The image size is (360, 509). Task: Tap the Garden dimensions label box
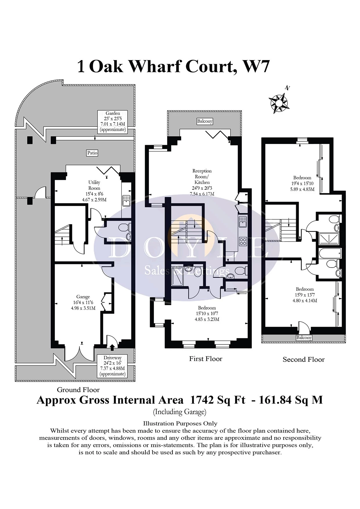[x=113, y=121]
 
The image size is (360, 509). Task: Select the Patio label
[x=92, y=153]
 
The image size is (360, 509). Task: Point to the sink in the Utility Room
[x=126, y=201]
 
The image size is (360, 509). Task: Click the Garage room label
[x=83, y=302]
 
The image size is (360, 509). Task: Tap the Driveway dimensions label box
[x=113, y=366]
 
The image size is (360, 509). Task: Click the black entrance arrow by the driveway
[x=113, y=346]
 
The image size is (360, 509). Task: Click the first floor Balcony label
[x=205, y=121]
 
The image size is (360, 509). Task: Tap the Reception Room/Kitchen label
[x=202, y=182]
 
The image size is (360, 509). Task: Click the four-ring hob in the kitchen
[x=243, y=241]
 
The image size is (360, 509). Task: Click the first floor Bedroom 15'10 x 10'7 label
[x=207, y=313]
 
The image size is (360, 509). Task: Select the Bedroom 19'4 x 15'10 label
[x=302, y=183]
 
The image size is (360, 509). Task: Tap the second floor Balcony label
[x=304, y=337]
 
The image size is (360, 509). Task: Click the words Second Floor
[x=304, y=360]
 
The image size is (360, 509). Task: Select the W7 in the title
[x=256, y=66]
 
